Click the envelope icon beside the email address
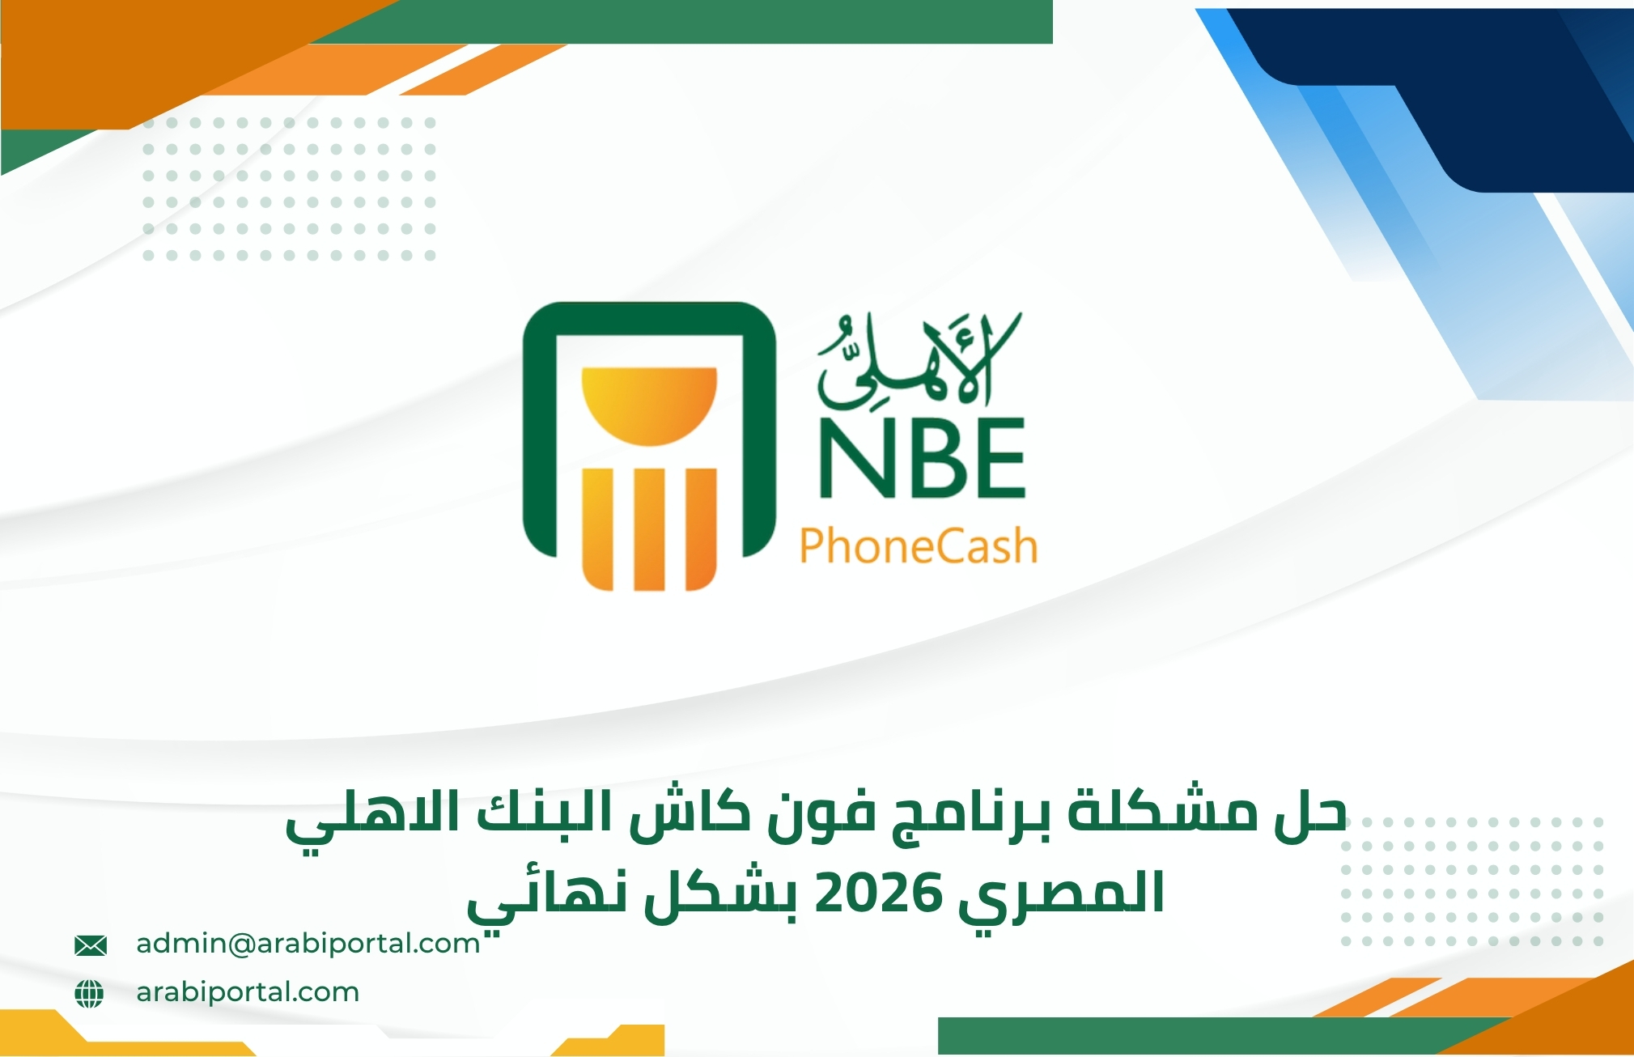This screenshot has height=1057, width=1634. [x=90, y=945]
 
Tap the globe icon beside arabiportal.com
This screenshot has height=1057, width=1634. [x=89, y=993]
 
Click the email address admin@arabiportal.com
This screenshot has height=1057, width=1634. [x=308, y=944]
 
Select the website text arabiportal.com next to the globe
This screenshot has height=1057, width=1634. [x=248, y=992]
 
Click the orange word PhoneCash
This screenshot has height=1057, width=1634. [x=918, y=546]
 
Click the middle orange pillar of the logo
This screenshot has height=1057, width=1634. [x=649, y=528]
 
